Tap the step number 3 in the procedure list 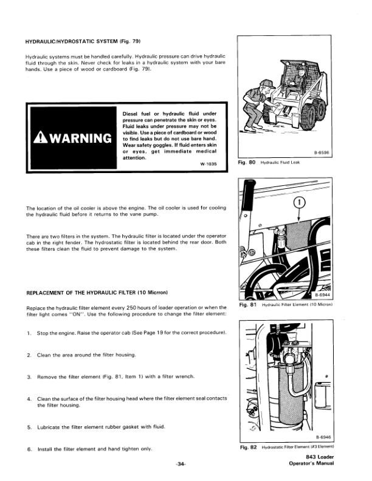(29, 377)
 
